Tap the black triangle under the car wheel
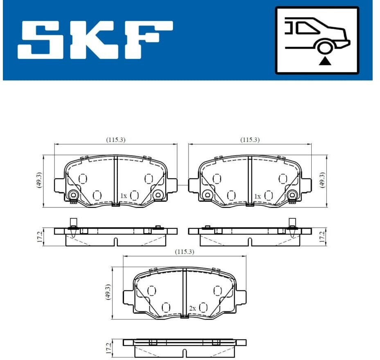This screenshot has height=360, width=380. point(325,61)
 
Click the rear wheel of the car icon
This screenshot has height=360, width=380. point(324,47)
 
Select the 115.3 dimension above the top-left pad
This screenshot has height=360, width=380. point(116,140)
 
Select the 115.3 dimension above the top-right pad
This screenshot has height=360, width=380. point(250,140)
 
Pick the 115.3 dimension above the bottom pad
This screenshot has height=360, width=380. point(184,252)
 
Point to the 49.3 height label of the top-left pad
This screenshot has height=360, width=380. point(39,180)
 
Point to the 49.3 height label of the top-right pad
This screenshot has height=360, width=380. point(322,180)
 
